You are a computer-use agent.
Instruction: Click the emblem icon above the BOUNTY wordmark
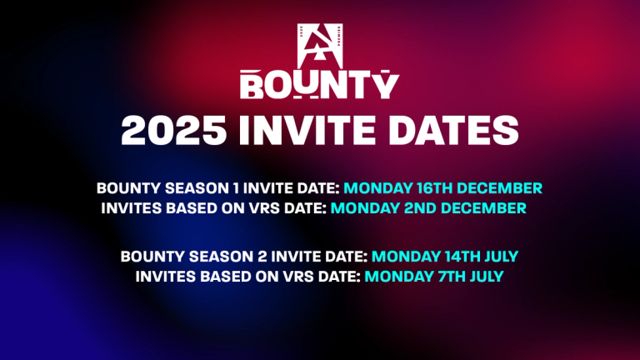click(x=319, y=46)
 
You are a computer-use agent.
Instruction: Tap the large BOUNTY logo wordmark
click(x=320, y=84)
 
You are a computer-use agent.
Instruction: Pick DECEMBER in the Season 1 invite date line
click(x=498, y=187)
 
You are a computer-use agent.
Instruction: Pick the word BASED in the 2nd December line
click(x=183, y=208)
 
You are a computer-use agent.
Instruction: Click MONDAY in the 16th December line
click(x=372, y=187)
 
